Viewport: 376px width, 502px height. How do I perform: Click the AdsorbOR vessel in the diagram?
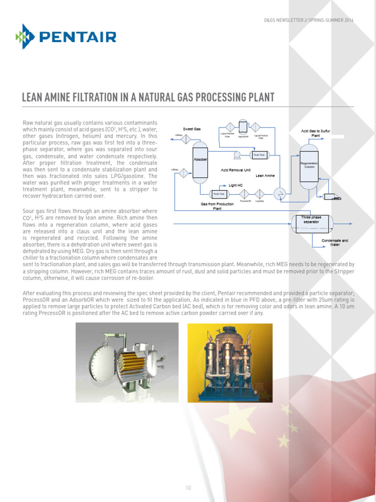(x=243, y=126)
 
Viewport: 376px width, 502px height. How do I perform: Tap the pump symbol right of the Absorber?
(x=237, y=155)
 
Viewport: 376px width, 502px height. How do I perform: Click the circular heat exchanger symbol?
(x=280, y=193)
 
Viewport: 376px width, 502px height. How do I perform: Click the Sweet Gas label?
(x=192, y=129)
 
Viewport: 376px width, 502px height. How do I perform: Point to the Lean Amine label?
(x=266, y=176)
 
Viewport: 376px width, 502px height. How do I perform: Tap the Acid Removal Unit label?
(x=236, y=170)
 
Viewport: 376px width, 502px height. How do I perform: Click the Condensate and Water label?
(x=335, y=243)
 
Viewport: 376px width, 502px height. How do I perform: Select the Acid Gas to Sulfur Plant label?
(x=316, y=133)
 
